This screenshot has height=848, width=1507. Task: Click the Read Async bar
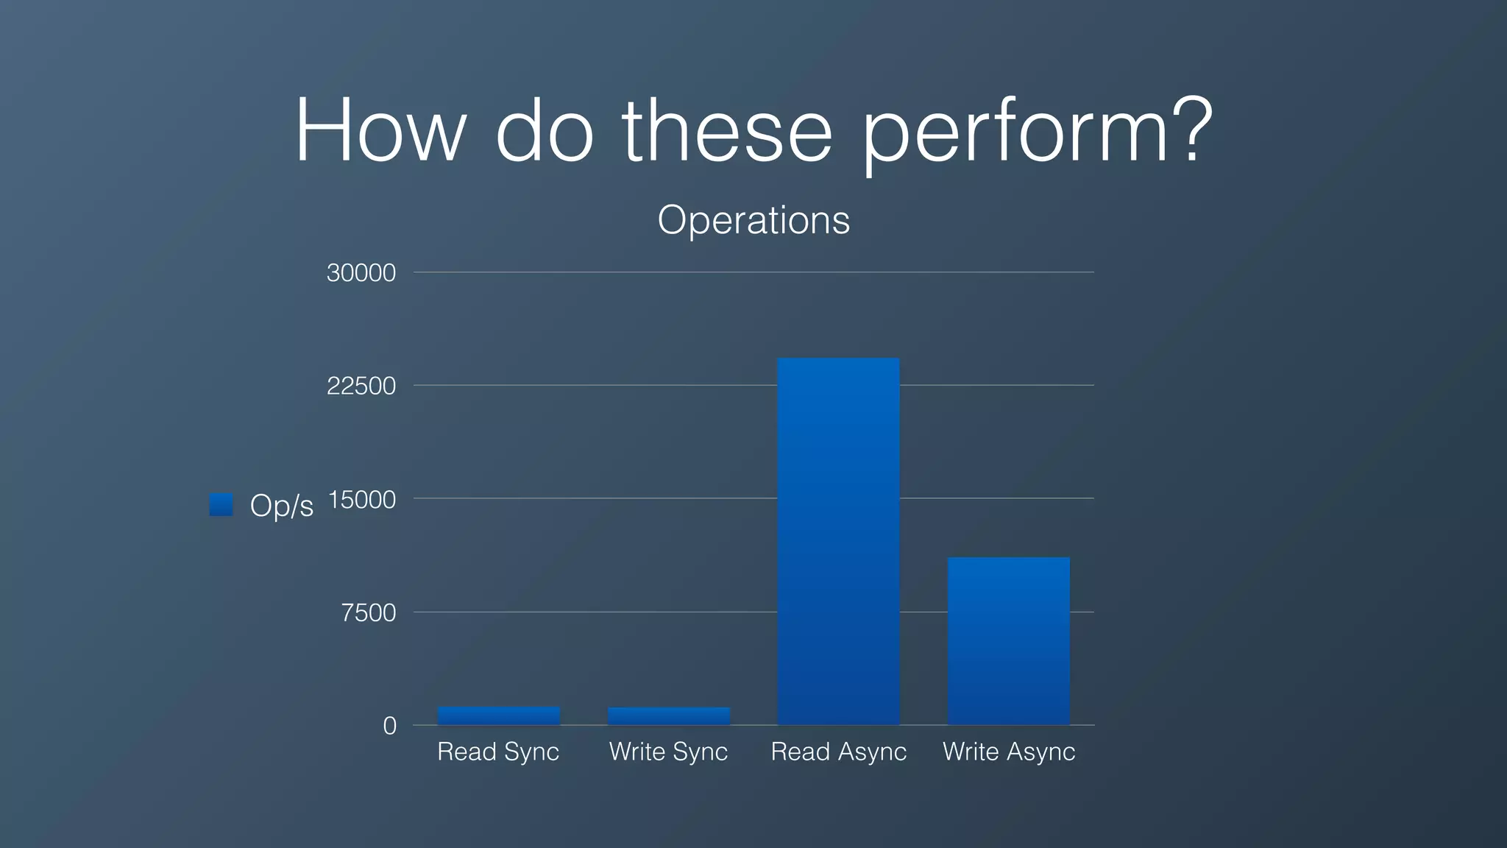[838, 541]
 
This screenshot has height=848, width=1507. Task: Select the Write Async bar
[1008, 640]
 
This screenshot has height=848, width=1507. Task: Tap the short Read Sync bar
[499, 715]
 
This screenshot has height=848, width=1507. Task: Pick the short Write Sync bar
[668, 715]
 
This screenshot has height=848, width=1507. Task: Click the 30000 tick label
[361, 273]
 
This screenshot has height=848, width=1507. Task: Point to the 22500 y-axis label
[361, 386]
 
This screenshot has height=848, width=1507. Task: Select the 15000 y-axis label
[361, 500]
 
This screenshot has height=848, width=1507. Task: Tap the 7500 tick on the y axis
[368, 612]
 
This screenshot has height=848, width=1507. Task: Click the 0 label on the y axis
[389, 726]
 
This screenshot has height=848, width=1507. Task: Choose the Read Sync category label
[498, 752]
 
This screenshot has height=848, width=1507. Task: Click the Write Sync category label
[668, 752]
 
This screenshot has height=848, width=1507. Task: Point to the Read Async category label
[838, 752]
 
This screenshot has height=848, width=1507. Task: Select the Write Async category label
[1009, 752]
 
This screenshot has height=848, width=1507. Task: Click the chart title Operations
[753, 219]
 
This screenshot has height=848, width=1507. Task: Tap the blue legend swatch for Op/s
[221, 505]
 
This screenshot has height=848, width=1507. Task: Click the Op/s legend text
[281, 506]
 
